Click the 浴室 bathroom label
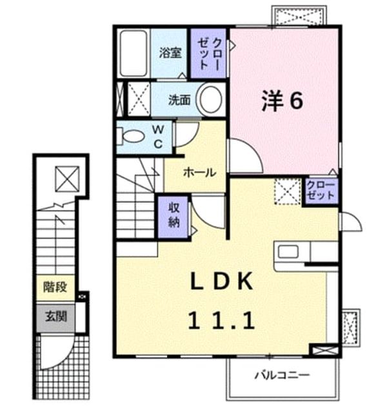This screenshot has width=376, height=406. click(170, 53)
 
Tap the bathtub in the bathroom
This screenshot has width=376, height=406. click(134, 53)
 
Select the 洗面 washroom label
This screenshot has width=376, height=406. click(179, 100)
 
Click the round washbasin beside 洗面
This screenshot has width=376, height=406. click(210, 99)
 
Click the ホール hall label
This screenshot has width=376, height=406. click(199, 173)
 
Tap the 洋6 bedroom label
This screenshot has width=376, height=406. click(282, 101)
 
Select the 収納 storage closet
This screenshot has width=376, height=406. click(173, 217)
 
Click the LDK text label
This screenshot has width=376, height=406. click(222, 282)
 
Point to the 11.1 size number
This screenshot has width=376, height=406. click(221, 321)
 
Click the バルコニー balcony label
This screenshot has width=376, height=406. click(282, 374)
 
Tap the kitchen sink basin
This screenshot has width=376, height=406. click(288, 251)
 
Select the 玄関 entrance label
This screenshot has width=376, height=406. click(56, 316)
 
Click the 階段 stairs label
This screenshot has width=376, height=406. click(55, 287)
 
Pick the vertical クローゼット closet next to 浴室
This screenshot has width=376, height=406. click(208, 53)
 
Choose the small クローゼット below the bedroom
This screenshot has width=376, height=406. click(321, 191)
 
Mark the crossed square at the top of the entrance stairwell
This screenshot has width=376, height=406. click(68, 179)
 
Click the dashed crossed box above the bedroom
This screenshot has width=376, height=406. click(299, 17)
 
